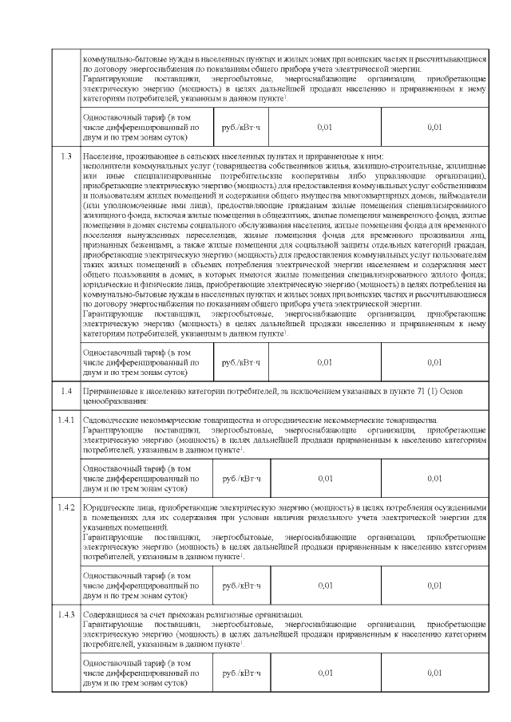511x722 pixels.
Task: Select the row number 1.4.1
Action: [66, 420]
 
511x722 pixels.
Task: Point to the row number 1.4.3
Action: [66, 614]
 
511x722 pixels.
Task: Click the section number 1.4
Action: [66, 390]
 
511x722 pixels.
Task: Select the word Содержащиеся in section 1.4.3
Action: [109, 614]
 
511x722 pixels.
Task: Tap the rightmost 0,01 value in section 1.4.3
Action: [434, 673]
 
